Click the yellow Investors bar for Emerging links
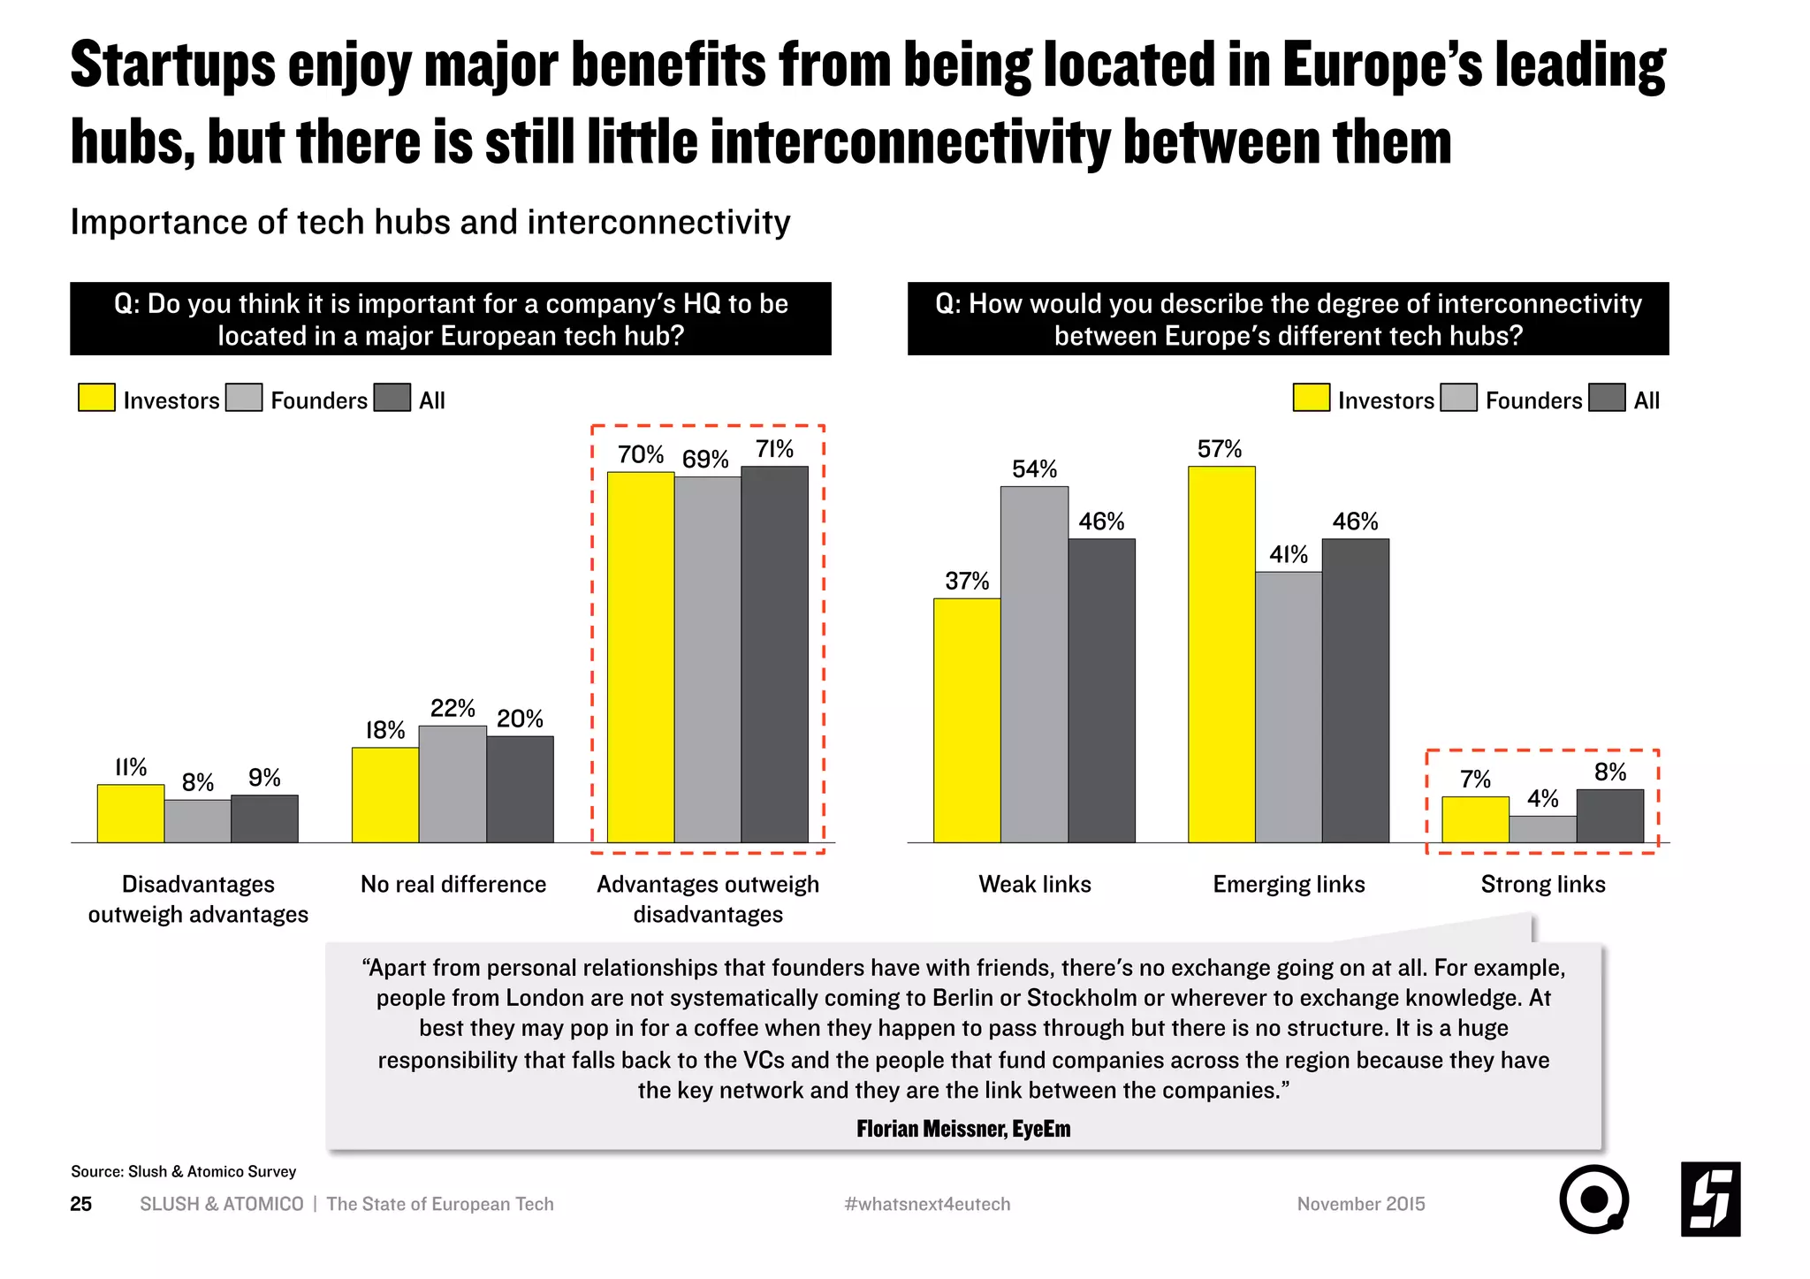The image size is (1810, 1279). (x=1221, y=654)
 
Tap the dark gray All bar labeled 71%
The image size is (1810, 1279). (x=774, y=654)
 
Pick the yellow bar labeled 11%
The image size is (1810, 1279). (x=131, y=813)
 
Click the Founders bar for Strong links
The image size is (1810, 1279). (x=1543, y=829)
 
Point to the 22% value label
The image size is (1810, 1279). (x=452, y=708)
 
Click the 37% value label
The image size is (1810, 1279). (x=967, y=581)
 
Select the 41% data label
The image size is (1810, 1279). (x=1289, y=554)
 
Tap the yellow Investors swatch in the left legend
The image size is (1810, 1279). (x=96, y=398)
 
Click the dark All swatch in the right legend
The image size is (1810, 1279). (x=1607, y=398)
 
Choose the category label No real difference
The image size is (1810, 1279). (x=453, y=884)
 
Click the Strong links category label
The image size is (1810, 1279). (x=1543, y=884)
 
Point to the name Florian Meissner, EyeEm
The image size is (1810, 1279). (x=963, y=1129)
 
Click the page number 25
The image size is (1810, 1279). (x=81, y=1204)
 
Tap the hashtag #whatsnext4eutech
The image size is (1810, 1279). (x=927, y=1204)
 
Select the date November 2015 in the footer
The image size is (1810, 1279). (x=1361, y=1204)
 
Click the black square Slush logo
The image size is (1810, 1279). (x=1710, y=1199)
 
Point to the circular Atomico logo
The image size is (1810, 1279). (x=1593, y=1199)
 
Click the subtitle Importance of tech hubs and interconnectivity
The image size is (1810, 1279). (x=430, y=222)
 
